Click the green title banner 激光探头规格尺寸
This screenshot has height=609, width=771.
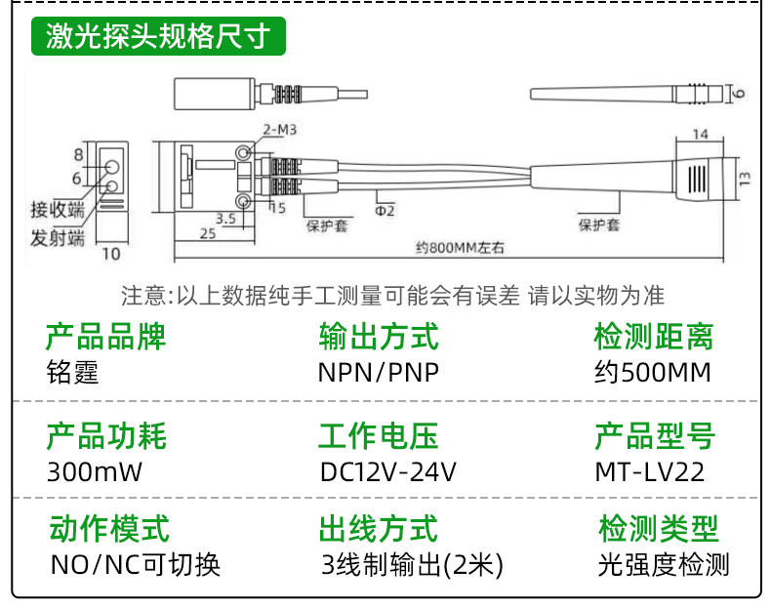tap(158, 36)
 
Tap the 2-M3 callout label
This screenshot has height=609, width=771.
tap(280, 130)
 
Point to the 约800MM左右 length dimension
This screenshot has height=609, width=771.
tap(460, 247)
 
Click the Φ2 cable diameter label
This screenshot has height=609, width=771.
tap(385, 211)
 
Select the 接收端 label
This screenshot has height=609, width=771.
tap(58, 210)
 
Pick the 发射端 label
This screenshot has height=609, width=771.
tap(58, 237)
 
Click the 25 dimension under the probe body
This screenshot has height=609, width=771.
tap(208, 233)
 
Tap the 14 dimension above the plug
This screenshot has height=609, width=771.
tap(700, 134)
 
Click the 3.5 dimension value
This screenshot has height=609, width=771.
tap(225, 219)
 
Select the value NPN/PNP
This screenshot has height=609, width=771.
tap(379, 372)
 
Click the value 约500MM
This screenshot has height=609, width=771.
tap(653, 372)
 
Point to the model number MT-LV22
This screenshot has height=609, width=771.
tap(650, 471)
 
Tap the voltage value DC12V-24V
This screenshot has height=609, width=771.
tap(388, 471)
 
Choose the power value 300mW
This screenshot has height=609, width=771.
tap(95, 471)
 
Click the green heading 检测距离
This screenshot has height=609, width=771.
tap(654, 337)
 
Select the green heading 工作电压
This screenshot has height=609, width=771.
tap(378, 436)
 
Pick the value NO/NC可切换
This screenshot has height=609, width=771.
tap(136, 565)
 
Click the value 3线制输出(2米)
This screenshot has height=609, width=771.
tap(412, 565)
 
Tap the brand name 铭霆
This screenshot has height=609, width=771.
tap(73, 372)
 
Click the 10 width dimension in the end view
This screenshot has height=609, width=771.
tap(111, 254)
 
